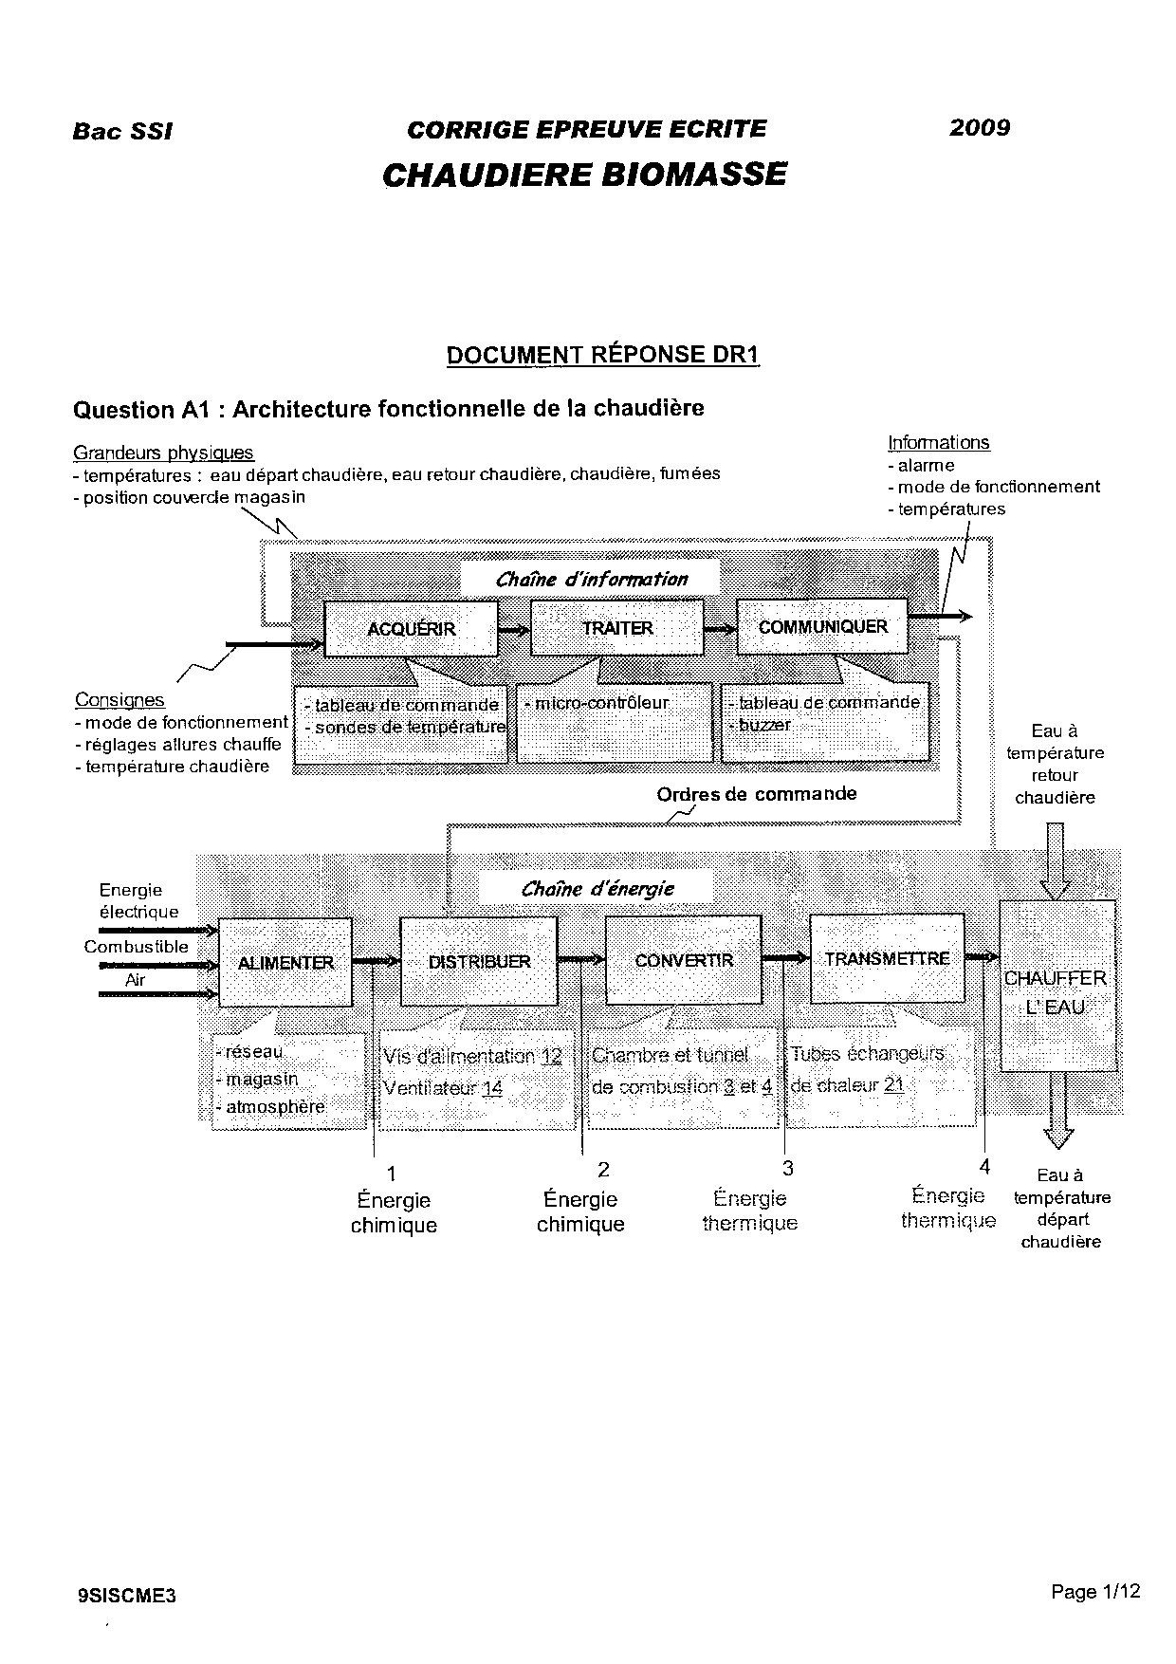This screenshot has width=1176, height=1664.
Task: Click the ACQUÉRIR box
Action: tap(411, 628)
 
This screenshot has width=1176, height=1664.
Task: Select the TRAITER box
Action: tap(616, 627)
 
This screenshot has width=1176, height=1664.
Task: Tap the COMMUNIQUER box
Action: tap(822, 626)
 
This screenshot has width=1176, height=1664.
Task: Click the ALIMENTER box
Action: tap(285, 962)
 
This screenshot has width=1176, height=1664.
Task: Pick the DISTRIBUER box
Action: tap(479, 961)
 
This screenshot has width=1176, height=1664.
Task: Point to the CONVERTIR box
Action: tap(684, 960)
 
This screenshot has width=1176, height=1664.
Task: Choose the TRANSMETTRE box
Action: tap(887, 958)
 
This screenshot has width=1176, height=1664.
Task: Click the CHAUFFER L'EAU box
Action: tap(1057, 991)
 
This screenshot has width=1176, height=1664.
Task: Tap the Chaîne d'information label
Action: tap(591, 579)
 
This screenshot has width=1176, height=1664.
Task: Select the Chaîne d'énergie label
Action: tap(597, 889)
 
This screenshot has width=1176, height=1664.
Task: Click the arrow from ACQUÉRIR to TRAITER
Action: tap(514, 628)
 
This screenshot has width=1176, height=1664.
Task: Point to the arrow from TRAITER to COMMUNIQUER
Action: tap(720, 628)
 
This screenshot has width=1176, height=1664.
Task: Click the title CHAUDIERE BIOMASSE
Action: tap(584, 175)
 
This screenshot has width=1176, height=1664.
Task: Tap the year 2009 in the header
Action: tap(980, 127)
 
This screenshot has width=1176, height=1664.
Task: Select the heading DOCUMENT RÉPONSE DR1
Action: tap(603, 355)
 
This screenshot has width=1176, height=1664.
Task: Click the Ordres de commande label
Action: tap(756, 793)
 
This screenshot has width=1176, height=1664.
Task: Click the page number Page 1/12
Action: tap(1095, 1565)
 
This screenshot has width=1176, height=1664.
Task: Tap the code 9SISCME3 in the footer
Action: tap(127, 1569)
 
